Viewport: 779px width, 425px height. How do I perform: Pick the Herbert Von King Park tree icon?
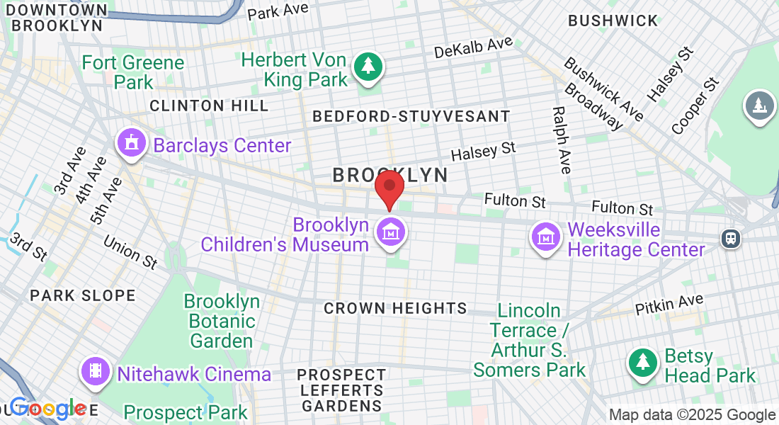tap(368, 67)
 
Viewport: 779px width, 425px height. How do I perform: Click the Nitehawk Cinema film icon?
tap(95, 370)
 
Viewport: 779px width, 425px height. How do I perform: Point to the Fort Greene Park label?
tap(132, 72)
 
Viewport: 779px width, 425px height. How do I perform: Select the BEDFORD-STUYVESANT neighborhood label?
tap(411, 116)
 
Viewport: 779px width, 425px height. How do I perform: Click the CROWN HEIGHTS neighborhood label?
tap(395, 308)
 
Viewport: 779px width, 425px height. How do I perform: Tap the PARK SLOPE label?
tap(82, 295)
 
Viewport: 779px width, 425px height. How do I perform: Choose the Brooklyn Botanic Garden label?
tap(222, 321)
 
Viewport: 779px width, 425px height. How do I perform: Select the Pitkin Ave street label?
tap(669, 305)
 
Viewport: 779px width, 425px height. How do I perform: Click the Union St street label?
tap(130, 252)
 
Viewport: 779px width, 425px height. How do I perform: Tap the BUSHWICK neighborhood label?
tap(613, 21)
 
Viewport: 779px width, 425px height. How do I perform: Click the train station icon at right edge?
tap(730, 238)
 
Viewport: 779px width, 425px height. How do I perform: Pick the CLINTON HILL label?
tap(209, 106)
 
